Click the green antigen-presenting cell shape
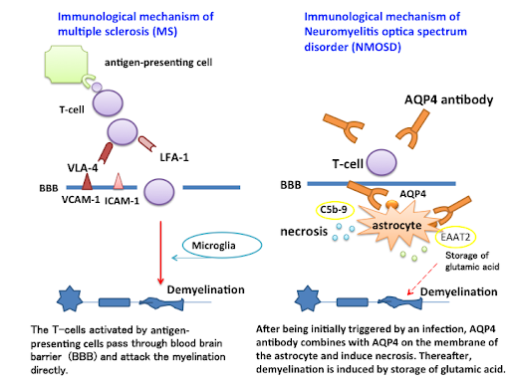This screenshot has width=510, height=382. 67,64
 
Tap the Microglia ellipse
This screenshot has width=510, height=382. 222,245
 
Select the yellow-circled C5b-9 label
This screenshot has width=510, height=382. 335,210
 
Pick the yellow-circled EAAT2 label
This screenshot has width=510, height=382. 455,237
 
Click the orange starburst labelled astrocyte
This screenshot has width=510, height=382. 397,226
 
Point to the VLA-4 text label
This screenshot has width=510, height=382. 83,168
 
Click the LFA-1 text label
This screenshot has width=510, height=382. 174,157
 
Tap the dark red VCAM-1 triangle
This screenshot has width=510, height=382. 87,181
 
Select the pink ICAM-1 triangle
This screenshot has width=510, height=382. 119,181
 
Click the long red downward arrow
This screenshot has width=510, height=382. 160,253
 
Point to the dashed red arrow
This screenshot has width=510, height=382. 422,280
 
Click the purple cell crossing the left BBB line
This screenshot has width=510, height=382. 159,191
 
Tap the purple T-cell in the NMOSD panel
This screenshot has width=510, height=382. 382,162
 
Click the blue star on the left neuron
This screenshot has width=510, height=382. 70,298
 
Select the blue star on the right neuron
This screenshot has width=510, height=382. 308,298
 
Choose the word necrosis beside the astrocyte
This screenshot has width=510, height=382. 304,231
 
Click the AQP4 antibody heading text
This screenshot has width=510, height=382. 448,99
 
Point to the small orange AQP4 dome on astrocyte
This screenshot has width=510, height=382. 391,204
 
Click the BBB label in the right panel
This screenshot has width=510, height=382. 291,185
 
